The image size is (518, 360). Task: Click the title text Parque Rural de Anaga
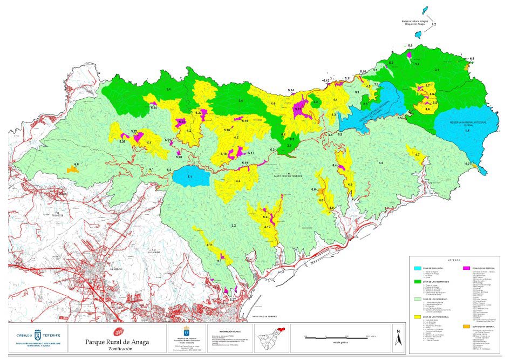(x=117, y=341)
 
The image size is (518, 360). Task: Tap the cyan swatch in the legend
(x=417, y=268)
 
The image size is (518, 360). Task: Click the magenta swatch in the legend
(x=467, y=268)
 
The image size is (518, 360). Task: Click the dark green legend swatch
(x=417, y=281)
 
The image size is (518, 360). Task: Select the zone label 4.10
(x=267, y=227)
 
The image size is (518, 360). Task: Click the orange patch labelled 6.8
(x=73, y=169)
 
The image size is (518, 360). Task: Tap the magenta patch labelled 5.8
(x=410, y=53)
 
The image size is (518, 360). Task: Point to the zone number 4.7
(x=417, y=155)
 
